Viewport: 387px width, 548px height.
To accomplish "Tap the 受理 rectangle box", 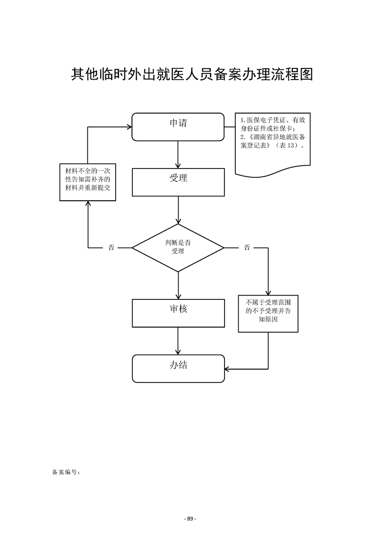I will [x=178, y=182].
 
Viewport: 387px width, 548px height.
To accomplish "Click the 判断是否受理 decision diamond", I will [x=178, y=248].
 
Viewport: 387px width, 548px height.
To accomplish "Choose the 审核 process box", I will [x=178, y=313].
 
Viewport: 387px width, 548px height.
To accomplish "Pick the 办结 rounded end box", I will [x=178, y=368].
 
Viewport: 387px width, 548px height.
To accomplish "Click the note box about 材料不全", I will [x=88, y=182].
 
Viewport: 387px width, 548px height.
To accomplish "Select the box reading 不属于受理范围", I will [x=268, y=314].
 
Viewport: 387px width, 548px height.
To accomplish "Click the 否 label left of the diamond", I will [x=111, y=248].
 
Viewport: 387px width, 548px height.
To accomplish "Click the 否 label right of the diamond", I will [x=247, y=248].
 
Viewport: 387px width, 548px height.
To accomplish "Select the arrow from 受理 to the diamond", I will [x=178, y=210].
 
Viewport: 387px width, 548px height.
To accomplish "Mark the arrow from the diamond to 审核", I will [x=178, y=285].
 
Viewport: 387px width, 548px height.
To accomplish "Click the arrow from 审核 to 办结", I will [x=178, y=340].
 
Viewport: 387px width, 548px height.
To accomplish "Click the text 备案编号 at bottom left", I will [x=65, y=472].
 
